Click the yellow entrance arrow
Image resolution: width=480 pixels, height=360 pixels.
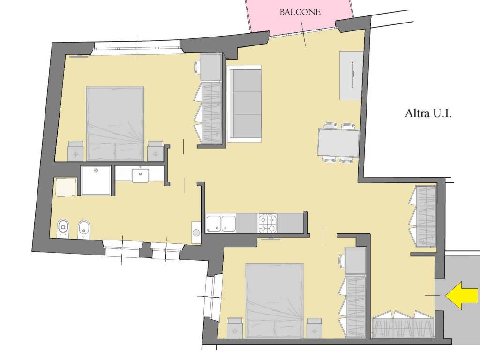[462, 295]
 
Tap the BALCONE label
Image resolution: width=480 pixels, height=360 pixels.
[300, 12]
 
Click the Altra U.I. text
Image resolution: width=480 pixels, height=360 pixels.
[428, 113]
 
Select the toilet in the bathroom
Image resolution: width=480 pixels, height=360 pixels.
[63, 228]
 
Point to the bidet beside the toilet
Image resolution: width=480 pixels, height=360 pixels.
[83, 229]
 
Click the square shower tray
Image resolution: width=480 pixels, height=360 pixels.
[96, 180]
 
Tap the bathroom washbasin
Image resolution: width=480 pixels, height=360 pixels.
[141, 175]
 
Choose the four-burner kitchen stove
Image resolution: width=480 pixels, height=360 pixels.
[268, 223]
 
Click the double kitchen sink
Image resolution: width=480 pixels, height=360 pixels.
[221, 223]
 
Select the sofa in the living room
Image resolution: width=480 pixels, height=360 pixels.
[244, 104]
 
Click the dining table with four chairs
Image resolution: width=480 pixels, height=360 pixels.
[338, 143]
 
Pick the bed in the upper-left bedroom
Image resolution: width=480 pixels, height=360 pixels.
[115, 124]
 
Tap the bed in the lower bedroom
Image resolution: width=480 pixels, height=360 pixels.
[274, 300]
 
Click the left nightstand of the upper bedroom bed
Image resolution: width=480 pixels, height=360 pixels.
[75, 151]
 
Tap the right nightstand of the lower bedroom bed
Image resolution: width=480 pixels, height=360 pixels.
[315, 328]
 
